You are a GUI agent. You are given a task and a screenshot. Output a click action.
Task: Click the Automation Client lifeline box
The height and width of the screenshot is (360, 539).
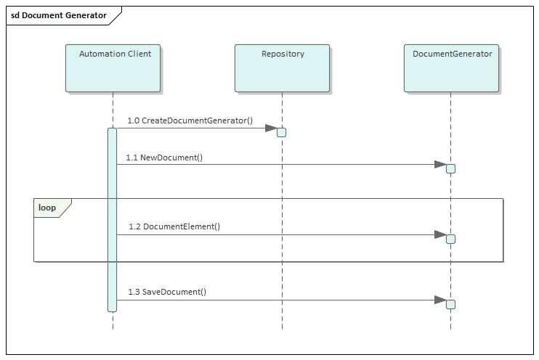(x=113, y=68)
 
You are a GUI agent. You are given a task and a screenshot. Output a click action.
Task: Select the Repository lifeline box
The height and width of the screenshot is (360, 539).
(x=282, y=68)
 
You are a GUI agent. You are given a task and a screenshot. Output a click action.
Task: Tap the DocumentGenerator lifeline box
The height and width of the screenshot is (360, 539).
(x=451, y=68)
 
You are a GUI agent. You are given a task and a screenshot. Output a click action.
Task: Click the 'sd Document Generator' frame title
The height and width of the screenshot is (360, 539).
(x=59, y=15)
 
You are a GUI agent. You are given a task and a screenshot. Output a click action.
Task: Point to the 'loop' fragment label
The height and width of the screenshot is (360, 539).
(x=47, y=208)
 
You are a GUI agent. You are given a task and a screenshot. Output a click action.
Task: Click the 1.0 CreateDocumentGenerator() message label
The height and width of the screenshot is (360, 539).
(x=190, y=120)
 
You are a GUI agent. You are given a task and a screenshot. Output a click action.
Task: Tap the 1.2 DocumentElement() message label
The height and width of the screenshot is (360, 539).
(x=174, y=226)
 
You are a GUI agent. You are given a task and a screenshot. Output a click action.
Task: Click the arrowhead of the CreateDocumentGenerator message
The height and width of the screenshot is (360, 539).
(x=271, y=128)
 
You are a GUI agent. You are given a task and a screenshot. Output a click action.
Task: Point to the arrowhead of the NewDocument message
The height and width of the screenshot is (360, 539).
(x=440, y=165)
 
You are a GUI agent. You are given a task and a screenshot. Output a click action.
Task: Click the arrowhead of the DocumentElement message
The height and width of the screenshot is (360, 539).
(x=440, y=234)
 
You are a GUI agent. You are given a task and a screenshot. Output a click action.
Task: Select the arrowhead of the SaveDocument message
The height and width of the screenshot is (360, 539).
(x=440, y=300)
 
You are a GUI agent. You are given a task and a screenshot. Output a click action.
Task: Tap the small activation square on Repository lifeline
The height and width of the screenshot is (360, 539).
(x=282, y=132)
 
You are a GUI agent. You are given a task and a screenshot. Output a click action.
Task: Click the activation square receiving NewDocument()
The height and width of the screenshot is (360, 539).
(x=450, y=168)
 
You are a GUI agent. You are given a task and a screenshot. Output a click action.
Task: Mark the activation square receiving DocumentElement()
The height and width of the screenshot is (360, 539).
(x=450, y=239)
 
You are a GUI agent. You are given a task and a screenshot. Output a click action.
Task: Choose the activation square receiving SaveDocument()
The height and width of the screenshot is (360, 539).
(x=450, y=304)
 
